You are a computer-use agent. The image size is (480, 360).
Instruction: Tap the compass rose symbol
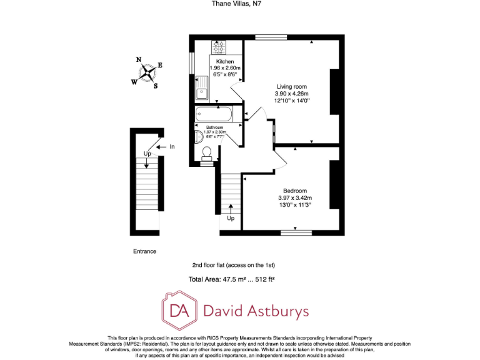coord(147,72)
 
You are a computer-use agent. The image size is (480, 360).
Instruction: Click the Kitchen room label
coord(225,62)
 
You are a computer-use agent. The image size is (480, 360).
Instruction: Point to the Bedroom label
coord(294,191)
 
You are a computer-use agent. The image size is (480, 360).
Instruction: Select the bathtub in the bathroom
coord(214,114)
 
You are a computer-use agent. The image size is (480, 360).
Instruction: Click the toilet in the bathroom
coord(207,152)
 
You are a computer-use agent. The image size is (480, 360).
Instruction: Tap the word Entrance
coord(144,251)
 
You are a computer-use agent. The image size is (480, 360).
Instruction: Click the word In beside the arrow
coord(172,147)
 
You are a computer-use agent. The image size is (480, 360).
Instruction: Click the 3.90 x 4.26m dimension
coord(292,93)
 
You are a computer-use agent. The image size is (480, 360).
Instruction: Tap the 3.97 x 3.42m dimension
coord(294,198)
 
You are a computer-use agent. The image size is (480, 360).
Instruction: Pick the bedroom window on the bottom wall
coord(296,232)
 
